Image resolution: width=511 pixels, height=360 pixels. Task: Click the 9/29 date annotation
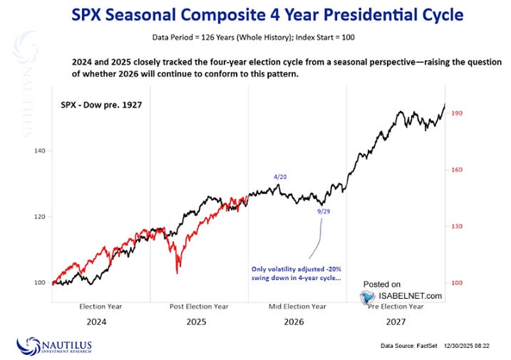[x=324, y=212]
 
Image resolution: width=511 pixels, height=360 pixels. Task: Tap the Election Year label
[x=100, y=306]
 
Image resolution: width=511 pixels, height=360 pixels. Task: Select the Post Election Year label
[x=200, y=306]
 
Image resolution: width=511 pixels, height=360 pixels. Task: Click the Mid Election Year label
[x=298, y=306]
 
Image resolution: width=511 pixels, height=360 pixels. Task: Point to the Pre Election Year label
[x=396, y=306]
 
